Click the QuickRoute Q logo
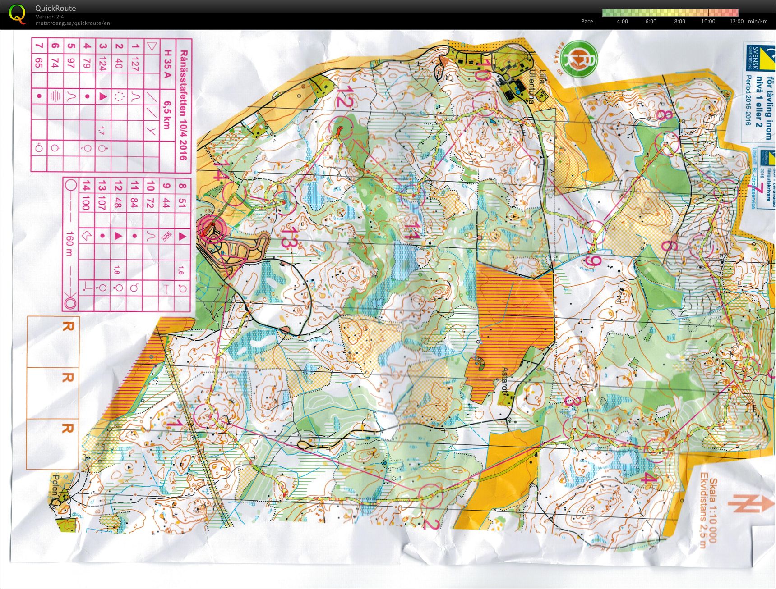(x=17, y=14)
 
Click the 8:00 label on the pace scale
(x=679, y=21)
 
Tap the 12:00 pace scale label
(x=736, y=21)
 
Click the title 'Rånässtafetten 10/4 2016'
(x=183, y=105)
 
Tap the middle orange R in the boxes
(x=67, y=378)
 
